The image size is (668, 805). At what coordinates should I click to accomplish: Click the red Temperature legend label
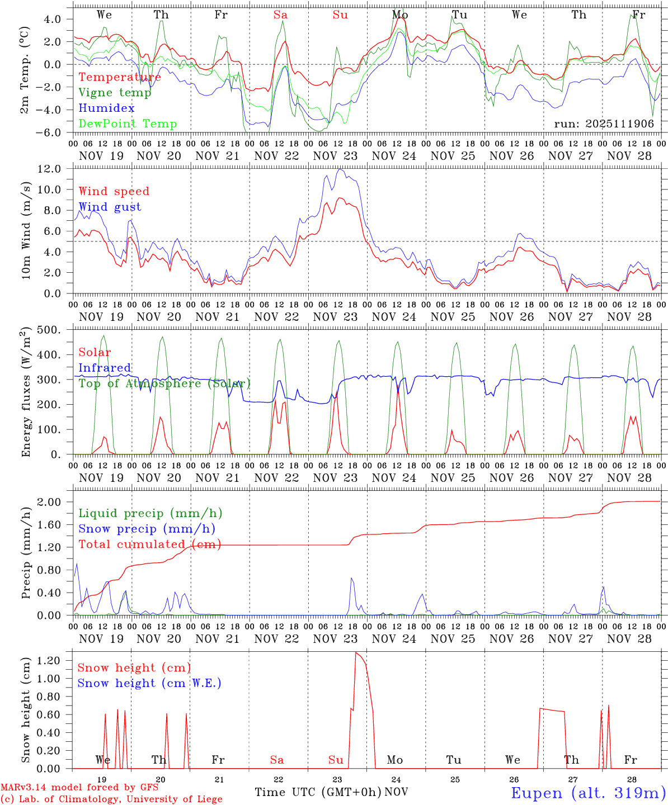click(120, 77)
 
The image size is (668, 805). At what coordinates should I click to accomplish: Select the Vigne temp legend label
click(115, 93)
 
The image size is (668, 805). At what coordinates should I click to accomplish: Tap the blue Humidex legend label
click(106, 108)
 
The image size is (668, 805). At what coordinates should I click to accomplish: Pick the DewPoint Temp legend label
click(128, 124)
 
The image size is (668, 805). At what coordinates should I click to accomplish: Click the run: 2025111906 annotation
click(604, 124)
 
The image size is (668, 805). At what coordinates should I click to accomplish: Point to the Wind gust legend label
click(110, 207)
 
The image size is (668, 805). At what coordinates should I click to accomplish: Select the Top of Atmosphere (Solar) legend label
click(164, 383)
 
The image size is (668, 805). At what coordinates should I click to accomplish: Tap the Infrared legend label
click(105, 368)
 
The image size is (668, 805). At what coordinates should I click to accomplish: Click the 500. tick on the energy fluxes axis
click(55, 330)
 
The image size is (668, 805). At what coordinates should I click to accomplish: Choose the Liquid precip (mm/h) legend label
click(150, 513)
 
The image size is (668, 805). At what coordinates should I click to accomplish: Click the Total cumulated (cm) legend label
click(150, 544)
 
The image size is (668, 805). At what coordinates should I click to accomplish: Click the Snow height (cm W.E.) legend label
click(149, 683)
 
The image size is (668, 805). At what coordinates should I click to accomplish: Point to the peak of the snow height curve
click(356, 652)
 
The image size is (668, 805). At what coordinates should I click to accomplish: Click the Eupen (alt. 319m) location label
click(588, 793)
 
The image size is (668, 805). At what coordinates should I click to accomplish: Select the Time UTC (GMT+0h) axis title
click(318, 792)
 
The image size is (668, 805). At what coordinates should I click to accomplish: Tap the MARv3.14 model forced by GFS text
click(79, 788)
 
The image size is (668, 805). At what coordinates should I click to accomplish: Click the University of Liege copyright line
click(111, 799)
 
